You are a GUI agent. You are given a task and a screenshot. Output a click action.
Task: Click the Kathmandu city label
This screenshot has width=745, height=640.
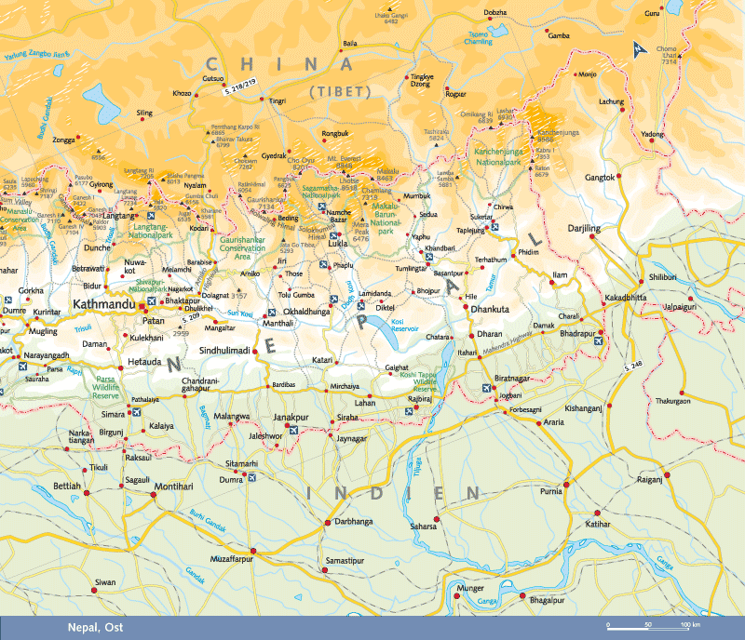click(104, 305)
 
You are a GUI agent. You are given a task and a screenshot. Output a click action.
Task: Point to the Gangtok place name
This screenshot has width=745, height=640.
click(600, 177)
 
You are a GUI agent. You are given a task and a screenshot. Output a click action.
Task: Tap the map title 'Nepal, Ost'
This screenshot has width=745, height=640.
click(96, 627)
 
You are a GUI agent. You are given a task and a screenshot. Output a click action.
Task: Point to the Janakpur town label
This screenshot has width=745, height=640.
click(291, 419)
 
